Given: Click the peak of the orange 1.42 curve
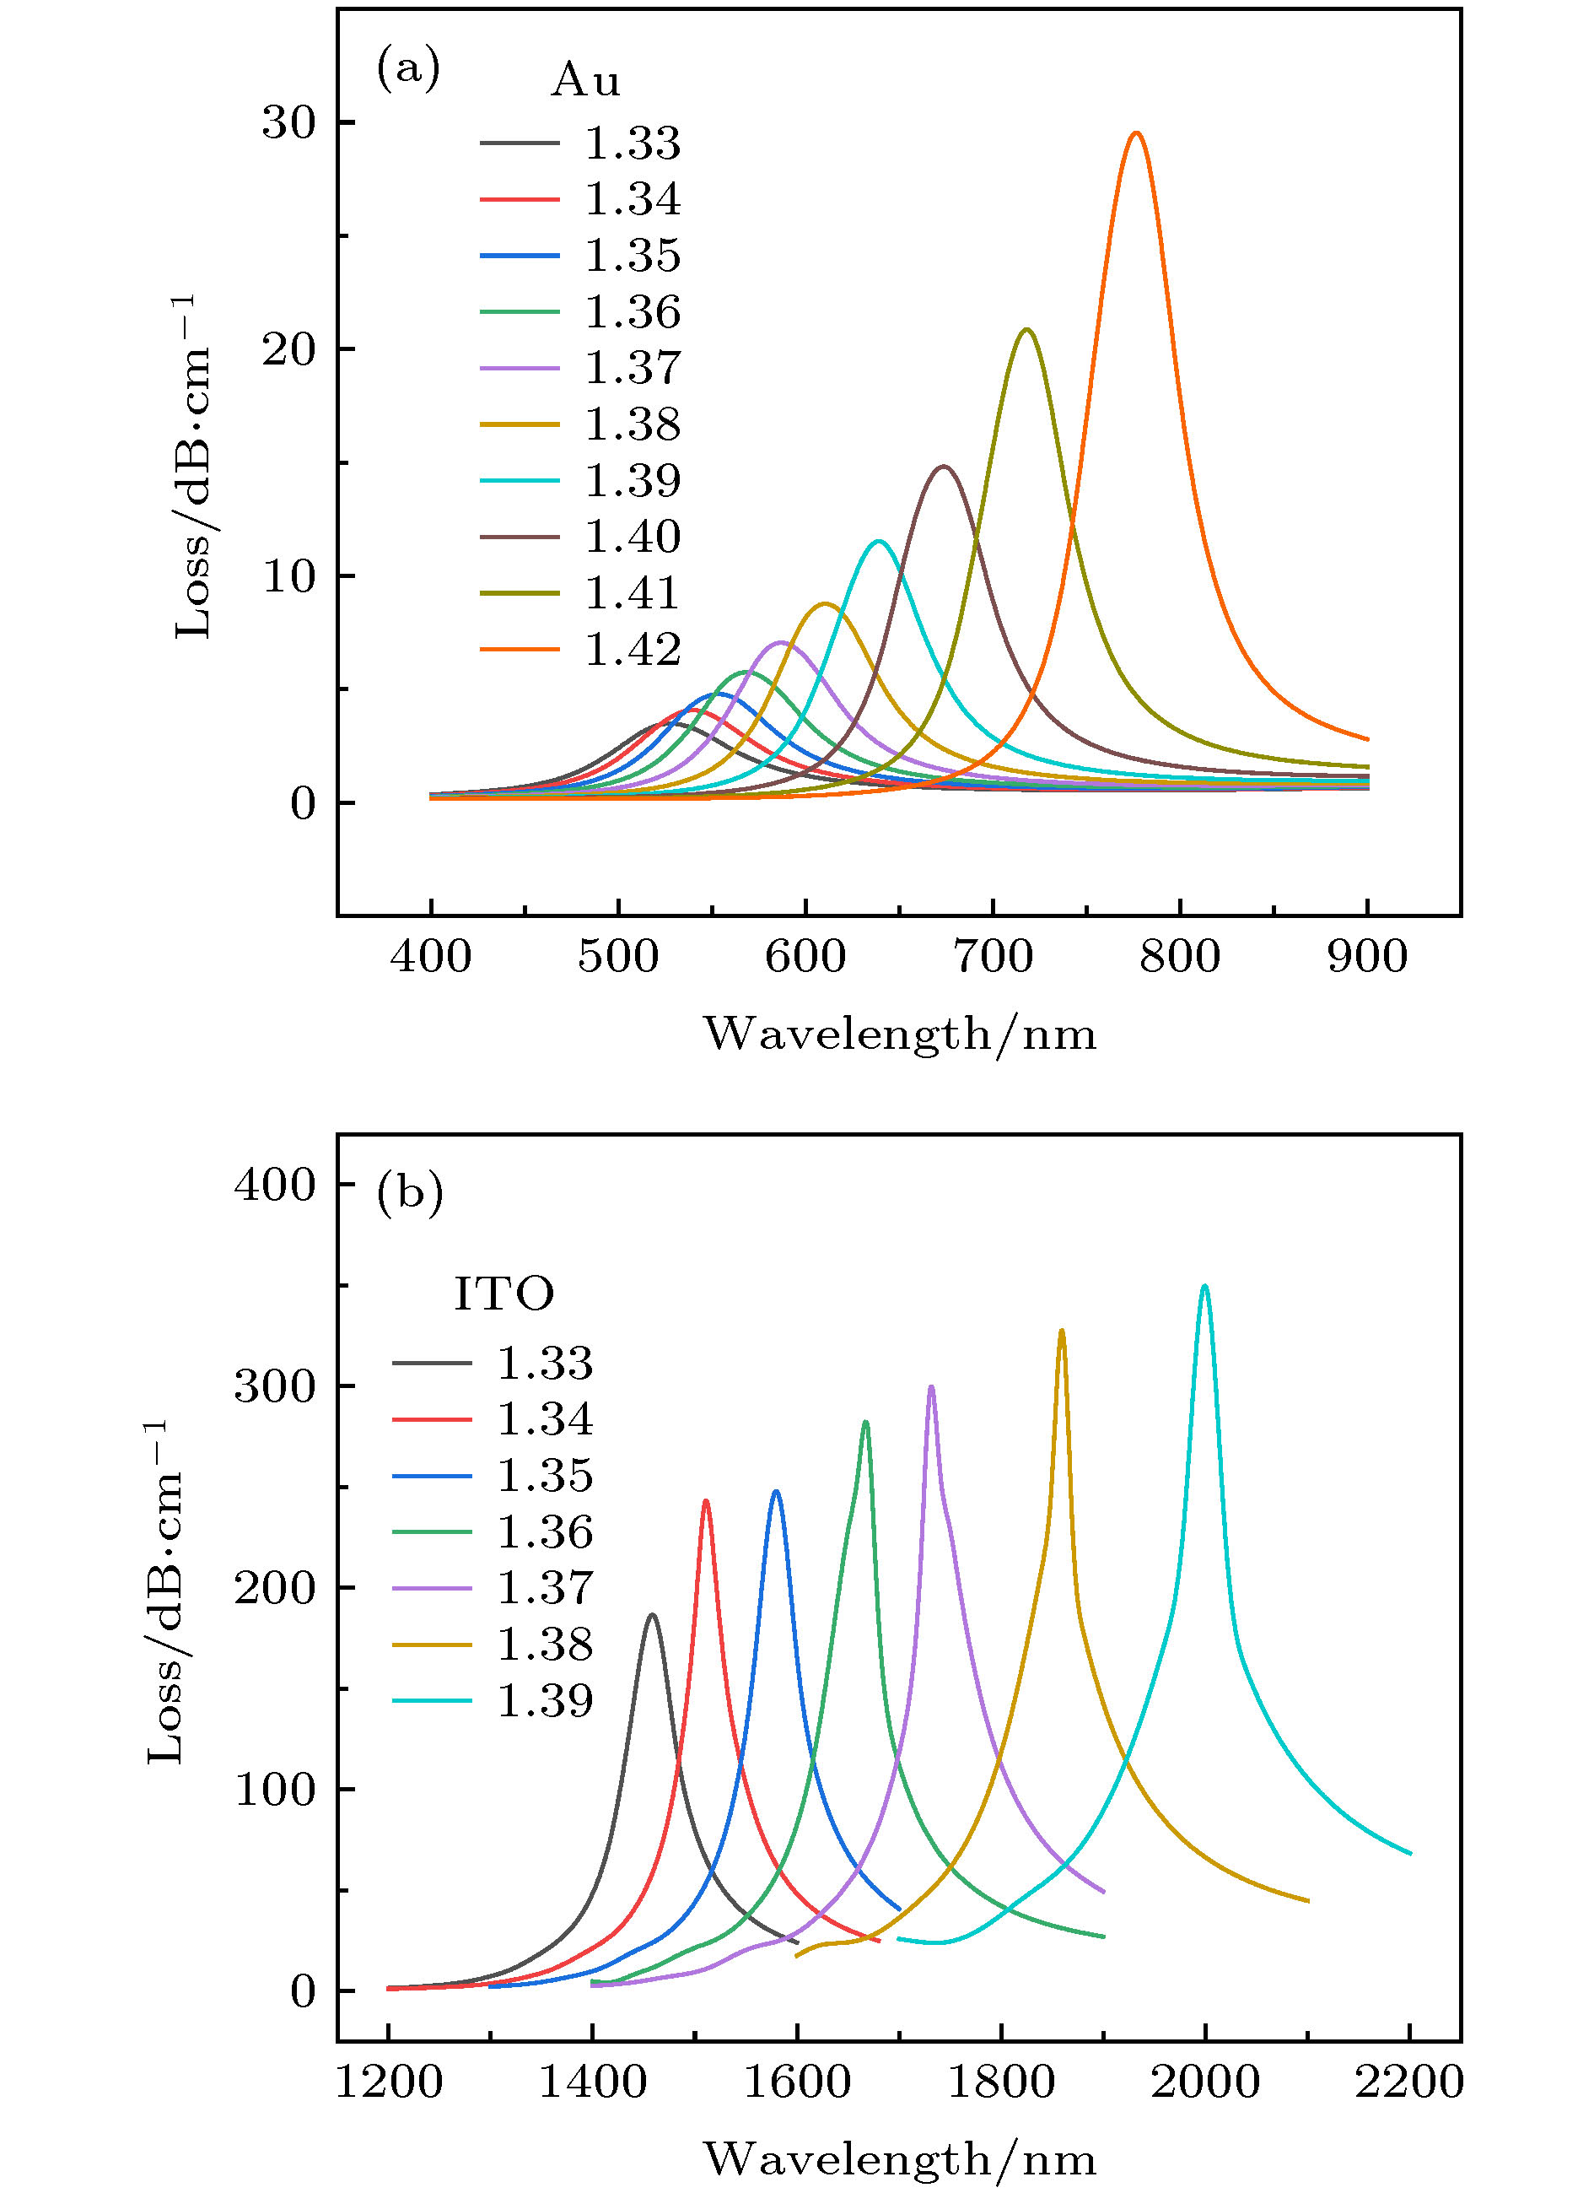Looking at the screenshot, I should click(1136, 133).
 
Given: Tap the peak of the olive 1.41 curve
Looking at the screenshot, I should click(1026, 331).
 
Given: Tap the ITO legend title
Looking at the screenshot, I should click(504, 1294).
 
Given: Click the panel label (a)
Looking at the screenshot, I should click(408, 70).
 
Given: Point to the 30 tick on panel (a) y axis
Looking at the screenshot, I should click(289, 123).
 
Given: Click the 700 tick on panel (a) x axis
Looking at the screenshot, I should click(993, 957).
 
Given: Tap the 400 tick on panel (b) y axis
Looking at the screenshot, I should click(276, 1185).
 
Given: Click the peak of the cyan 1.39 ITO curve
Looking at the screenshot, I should click(1204, 1287).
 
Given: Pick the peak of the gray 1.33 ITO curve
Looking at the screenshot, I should click(653, 1615).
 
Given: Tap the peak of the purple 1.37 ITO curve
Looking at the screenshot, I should click(931, 1387).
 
